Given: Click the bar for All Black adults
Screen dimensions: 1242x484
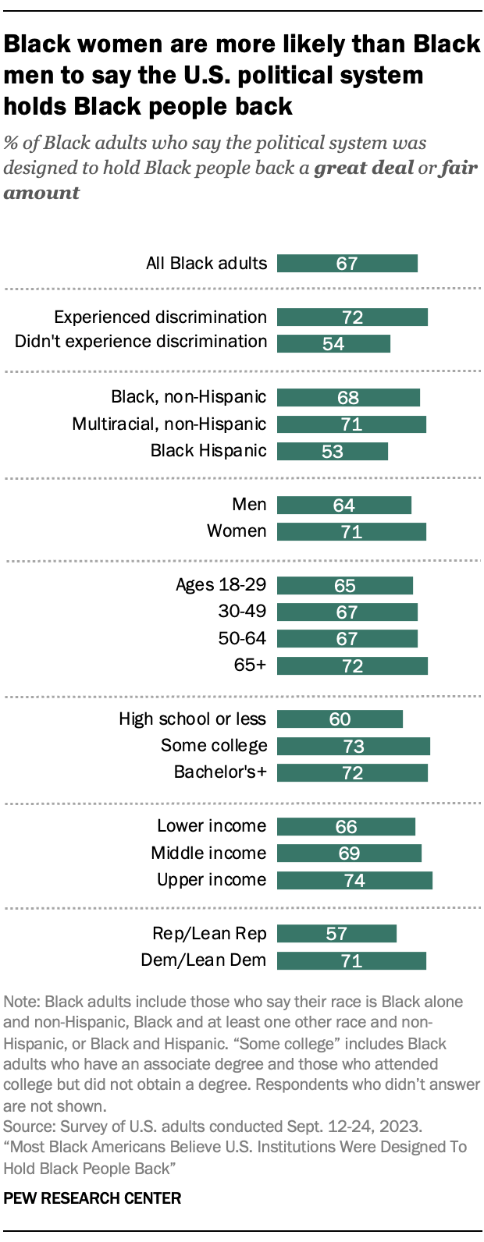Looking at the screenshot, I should click(x=347, y=264).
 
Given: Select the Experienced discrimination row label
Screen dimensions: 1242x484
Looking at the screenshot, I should click(x=160, y=318).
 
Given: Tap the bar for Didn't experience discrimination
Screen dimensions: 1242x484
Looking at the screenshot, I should click(x=333, y=344).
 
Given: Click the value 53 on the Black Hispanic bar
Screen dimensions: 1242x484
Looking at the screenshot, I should click(x=333, y=452).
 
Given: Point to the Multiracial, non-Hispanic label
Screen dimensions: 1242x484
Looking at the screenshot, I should click(x=169, y=424).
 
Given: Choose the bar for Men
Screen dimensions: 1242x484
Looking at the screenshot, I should click(x=343, y=506).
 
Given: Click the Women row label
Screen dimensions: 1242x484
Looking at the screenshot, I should click(x=237, y=531).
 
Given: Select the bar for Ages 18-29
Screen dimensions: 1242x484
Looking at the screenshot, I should click(x=344, y=586).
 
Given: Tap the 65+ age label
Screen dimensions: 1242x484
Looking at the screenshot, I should click(x=250, y=665).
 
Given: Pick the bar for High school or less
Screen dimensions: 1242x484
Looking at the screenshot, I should click(x=340, y=719).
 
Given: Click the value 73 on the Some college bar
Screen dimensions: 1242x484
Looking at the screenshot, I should click(x=354, y=747).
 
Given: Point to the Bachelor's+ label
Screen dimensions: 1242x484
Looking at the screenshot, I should click(x=220, y=772).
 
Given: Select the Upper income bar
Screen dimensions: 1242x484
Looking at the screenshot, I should click(x=354, y=881).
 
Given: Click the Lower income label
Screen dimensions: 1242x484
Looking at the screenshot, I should click(x=212, y=826).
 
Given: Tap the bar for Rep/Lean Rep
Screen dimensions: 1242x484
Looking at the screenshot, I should click(x=336, y=934).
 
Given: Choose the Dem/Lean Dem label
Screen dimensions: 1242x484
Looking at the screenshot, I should click(x=204, y=960).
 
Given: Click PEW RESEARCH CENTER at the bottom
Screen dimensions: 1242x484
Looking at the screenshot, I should click(x=92, y=1198).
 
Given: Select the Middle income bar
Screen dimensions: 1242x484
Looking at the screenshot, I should click(x=349, y=853).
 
